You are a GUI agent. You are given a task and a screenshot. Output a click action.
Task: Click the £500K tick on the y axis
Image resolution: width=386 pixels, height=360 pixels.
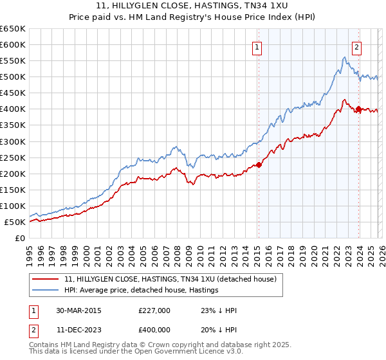(x=13, y=77)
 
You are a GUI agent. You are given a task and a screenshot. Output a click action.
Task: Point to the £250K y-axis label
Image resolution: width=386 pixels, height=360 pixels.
(x=13, y=157)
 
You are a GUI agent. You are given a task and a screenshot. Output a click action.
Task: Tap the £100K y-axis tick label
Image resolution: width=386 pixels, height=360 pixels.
(x=13, y=206)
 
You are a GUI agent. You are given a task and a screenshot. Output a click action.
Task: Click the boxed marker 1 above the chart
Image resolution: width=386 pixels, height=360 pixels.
(x=257, y=46)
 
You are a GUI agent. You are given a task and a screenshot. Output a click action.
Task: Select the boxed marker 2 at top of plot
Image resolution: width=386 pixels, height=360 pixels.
(x=356, y=46)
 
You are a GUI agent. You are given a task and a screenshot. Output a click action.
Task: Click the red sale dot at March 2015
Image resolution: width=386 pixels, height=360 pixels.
(x=259, y=165)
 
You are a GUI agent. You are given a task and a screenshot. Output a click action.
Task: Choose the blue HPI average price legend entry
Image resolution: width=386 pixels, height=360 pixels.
(x=142, y=290)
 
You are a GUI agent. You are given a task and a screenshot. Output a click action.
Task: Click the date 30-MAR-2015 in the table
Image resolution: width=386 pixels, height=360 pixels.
(x=78, y=310)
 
